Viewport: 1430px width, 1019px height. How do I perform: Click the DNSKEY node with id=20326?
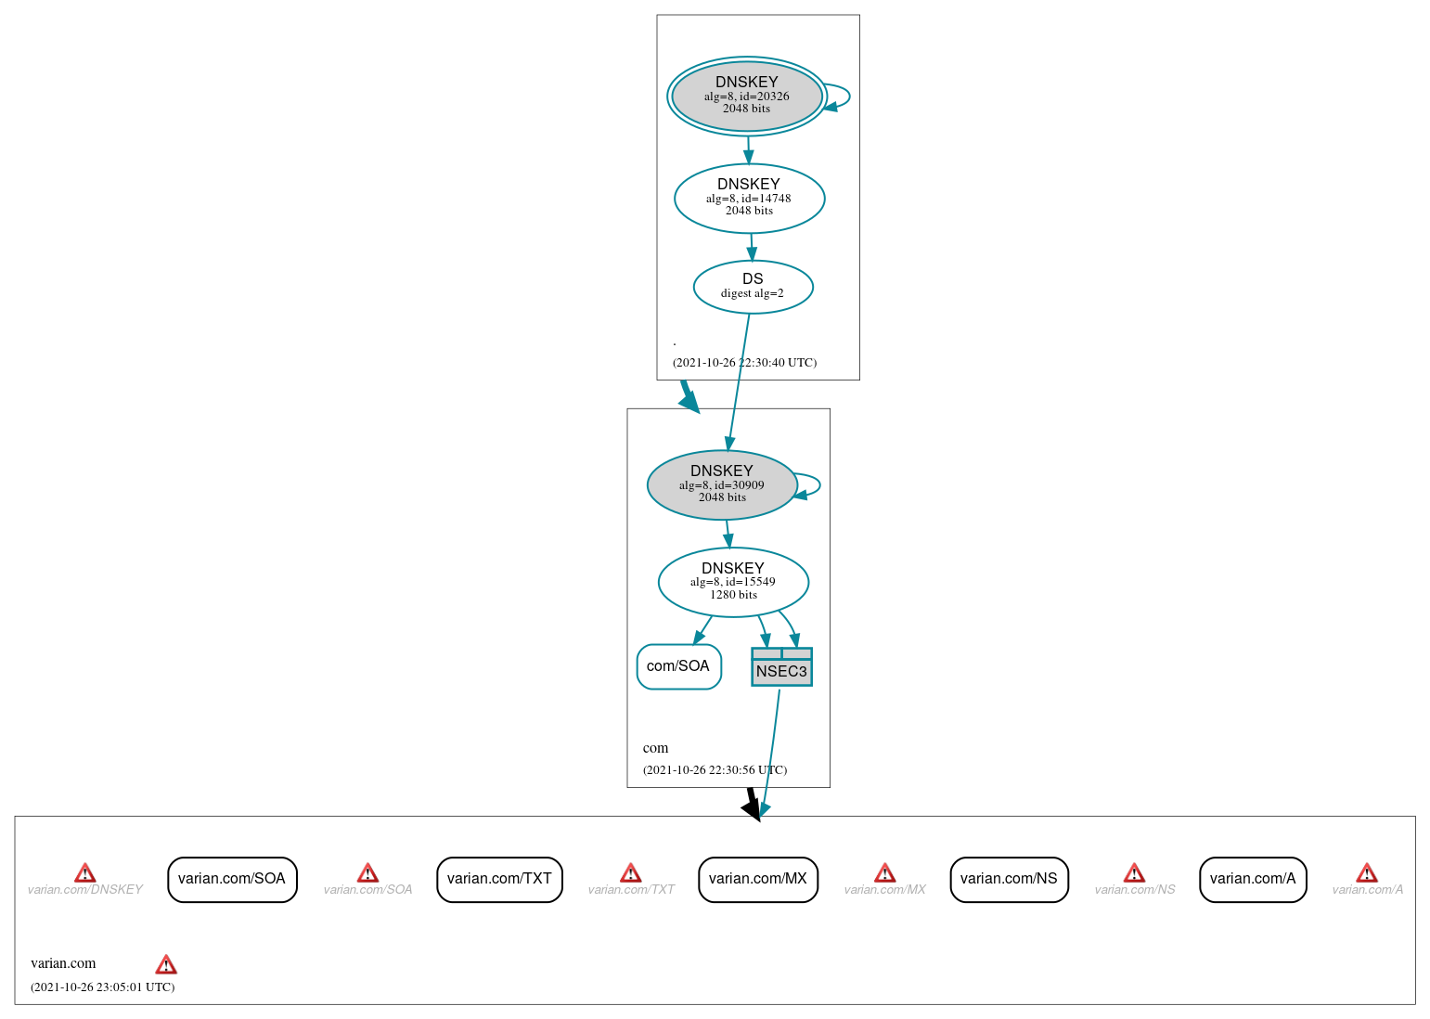pyautogui.click(x=747, y=96)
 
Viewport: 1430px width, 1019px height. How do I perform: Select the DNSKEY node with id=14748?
pyautogui.click(x=749, y=198)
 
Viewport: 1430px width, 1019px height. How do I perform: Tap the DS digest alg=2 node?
pyautogui.click(x=753, y=287)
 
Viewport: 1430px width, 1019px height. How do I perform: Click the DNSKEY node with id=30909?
pyautogui.click(x=722, y=484)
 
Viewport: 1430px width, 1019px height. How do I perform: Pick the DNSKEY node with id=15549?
pyautogui.click(x=733, y=582)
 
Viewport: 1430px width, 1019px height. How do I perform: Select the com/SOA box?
pyautogui.click(x=678, y=666)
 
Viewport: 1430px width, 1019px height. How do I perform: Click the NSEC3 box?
pyautogui.click(x=781, y=668)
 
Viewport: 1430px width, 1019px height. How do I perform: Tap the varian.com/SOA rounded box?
pyautogui.click(x=232, y=879)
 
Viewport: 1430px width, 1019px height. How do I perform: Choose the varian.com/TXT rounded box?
pyautogui.click(x=499, y=879)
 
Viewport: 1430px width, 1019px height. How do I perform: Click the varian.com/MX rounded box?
pyautogui.click(x=757, y=879)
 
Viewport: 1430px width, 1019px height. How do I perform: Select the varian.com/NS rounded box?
pyautogui.click(x=1009, y=879)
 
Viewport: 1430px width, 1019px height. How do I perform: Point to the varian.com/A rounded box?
pyautogui.click(x=1252, y=879)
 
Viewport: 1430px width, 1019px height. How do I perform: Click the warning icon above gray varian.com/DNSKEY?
pyautogui.click(x=84, y=873)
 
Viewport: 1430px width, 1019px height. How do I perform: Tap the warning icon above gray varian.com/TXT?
pyautogui.click(x=630, y=873)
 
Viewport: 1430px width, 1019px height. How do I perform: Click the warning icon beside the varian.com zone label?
pyautogui.click(x=166, y=964)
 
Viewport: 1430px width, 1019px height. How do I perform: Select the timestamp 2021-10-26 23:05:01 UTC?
pyautogui.click(x=102, y=987)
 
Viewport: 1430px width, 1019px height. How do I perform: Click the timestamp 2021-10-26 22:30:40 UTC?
pyautogui.click(x=744, y=363)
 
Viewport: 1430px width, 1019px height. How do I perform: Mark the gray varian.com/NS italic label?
pyautogui.click(x=1134, y=890)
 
